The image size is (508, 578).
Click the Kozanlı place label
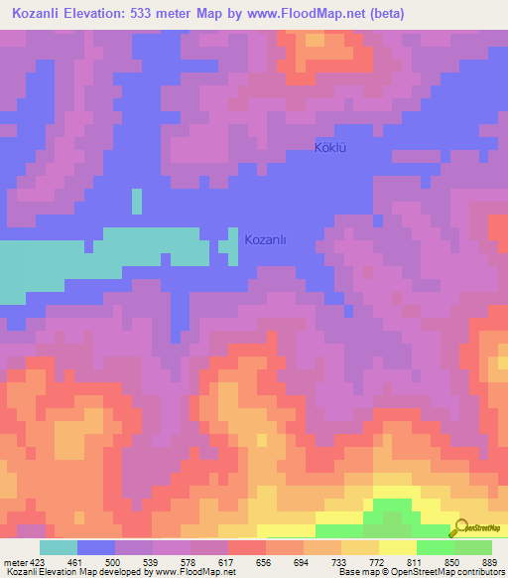click(265, 239)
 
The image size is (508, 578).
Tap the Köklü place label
click(334, 148)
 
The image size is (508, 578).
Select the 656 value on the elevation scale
click(265, 562)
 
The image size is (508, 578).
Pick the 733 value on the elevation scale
click(340, 562)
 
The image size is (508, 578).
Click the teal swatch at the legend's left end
click(59, 547)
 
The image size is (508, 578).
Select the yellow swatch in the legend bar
click(397, 547)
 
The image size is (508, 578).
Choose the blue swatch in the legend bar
click(96, 547)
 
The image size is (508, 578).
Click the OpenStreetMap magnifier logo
click(459, 527)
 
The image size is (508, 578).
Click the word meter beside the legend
click(15, 562)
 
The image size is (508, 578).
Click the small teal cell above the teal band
click(136, 201)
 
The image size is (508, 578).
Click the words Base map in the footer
click(357, 573)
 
